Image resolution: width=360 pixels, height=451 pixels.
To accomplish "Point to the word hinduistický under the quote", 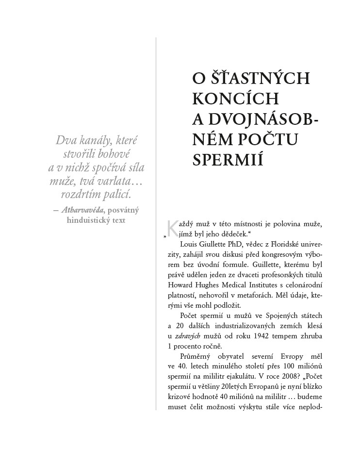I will point(87,220).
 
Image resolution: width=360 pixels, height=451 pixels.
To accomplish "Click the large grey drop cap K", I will point(171,227).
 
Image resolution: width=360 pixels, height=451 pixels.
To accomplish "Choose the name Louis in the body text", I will point(189,244).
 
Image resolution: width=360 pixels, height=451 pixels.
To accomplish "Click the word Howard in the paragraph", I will point(180,284).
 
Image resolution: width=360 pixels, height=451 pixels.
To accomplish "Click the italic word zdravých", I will point(186,335).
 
